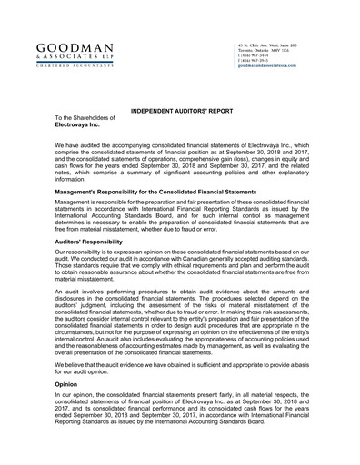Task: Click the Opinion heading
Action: [x=67, y=384]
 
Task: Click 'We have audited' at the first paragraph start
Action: [x=80, y=145]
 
